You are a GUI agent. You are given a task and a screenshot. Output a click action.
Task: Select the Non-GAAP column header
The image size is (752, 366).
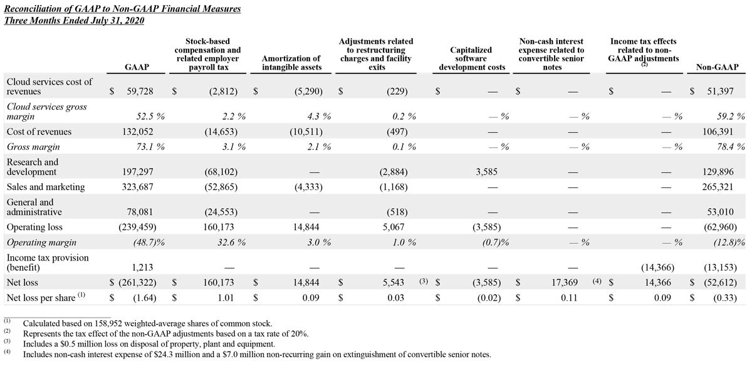[x=717, y=68]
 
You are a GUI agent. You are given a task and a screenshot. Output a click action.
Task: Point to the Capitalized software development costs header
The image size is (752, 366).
[x=471, y=59]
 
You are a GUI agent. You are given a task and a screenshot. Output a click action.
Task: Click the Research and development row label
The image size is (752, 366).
[x=33, y=167]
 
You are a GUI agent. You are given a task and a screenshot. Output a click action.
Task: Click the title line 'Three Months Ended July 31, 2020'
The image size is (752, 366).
[x=75, y=20]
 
